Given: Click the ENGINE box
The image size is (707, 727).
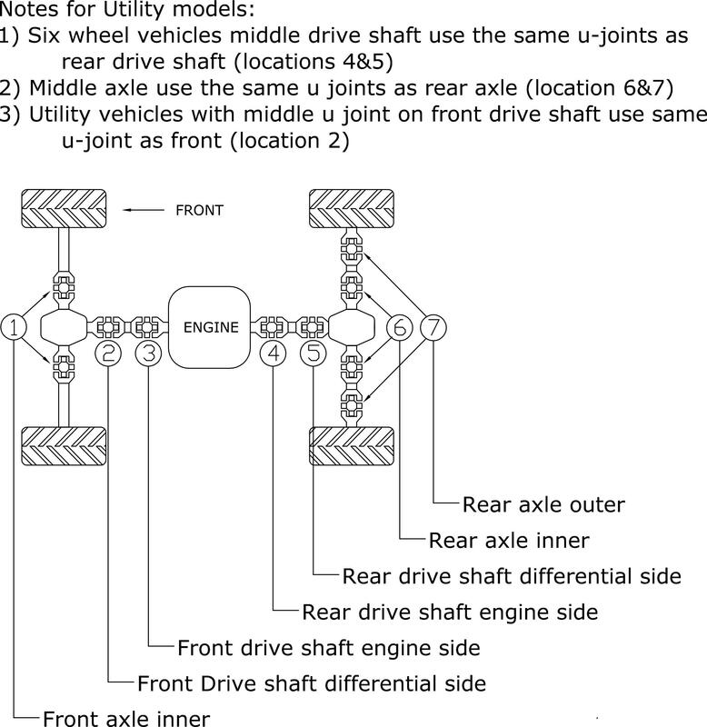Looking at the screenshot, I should pyautogui.click(x=211, y=326).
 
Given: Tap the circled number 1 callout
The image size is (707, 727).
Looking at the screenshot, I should pyautogui.click(x=15, y=326).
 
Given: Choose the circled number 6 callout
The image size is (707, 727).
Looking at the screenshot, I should pyautogui.click(x=400, y=326).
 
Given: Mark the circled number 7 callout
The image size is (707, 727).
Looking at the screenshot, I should pyautogui.click(x=433, y=326).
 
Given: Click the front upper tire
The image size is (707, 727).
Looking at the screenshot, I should pyautogui.click(x=62, y=209).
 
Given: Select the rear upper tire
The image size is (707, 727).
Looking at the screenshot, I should pyautogui.click(x=352, y=209).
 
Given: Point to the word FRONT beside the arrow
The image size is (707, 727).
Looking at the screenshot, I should pyautogui.click(x=199, y=210).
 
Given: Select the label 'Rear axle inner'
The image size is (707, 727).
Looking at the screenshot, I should pyautogui.click(x=509, y=541).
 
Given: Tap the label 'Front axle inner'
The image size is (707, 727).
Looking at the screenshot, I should pyautogui.click(x=125, y=718).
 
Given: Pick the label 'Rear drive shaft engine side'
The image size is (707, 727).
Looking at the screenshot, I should pyautogui.click(x=450, y=612).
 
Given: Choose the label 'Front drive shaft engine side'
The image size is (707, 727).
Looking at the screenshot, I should pyautogui.click(x=328, y=648).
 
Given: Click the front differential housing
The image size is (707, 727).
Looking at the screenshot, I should pyautogui.click(x=62, y=326).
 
